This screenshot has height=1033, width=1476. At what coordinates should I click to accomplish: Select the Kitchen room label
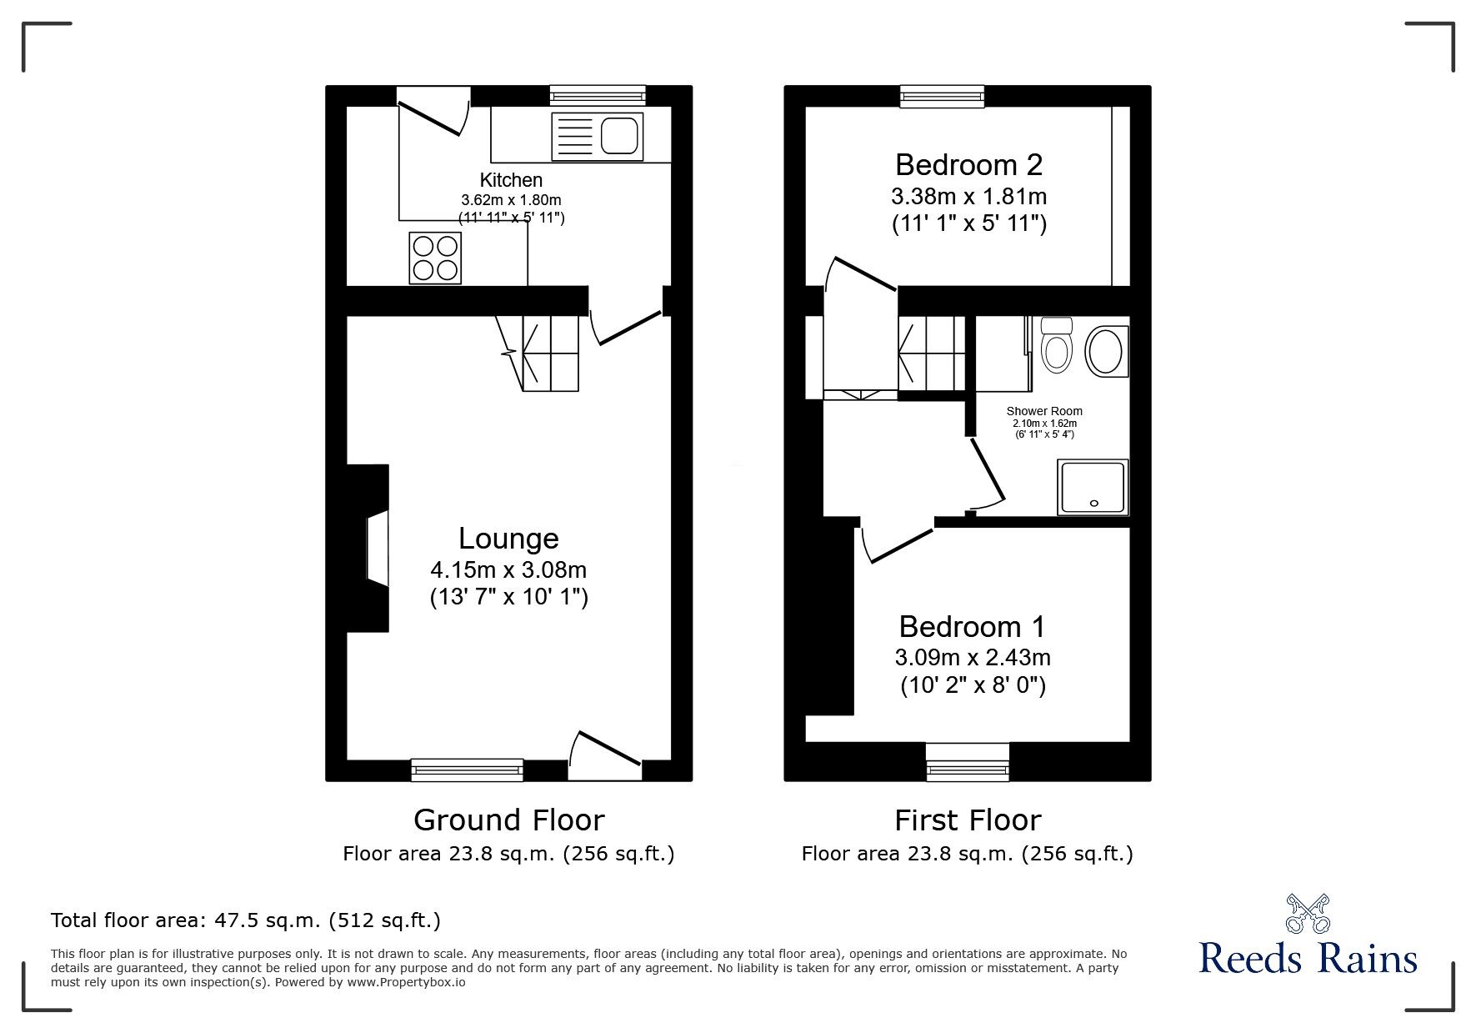click(x=511, y=180)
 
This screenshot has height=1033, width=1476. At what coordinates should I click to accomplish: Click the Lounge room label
click(x=508, y=539)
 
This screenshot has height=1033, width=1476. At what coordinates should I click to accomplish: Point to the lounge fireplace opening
click(x=378, y=550)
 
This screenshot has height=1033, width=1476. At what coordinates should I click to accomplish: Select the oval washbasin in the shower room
click(x=1106, y=351)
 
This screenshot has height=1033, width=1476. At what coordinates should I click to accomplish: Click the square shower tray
click(x=1093, y=487)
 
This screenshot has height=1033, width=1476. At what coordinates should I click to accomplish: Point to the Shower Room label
click(x=1044, y=411)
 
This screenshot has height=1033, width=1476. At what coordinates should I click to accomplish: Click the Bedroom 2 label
click(x=968, y=165)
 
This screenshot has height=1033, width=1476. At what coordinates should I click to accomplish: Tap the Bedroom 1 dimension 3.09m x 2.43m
click(x=973, y=658)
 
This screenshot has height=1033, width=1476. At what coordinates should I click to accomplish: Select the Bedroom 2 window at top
click(x=942, y=97)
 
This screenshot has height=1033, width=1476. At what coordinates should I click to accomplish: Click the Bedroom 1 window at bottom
click(x=968, y=761)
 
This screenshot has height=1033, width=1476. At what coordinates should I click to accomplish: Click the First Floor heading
click(x=968, y=820)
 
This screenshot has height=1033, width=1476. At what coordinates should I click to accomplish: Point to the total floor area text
click(x=246, y=920)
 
